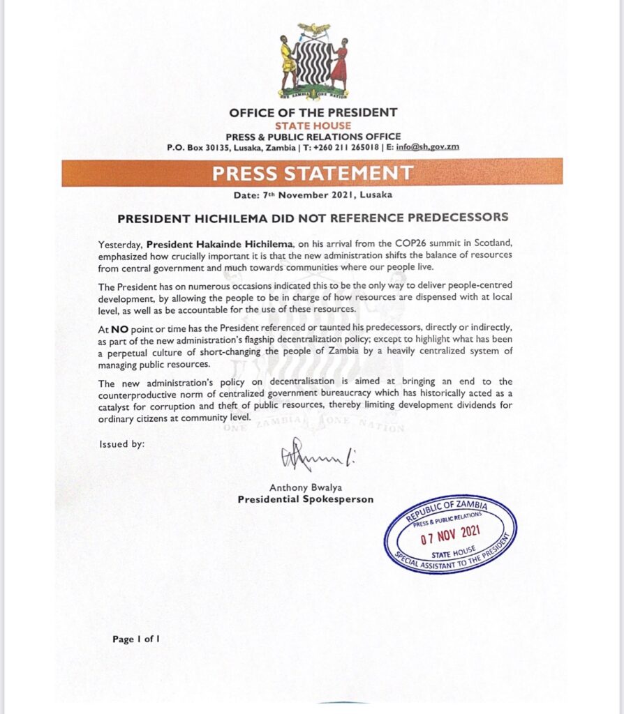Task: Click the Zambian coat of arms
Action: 313,62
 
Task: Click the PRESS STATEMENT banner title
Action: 312,172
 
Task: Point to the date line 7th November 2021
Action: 312,195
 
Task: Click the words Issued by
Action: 122,443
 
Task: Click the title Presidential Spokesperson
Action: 305,499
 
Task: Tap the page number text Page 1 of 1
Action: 137,638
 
